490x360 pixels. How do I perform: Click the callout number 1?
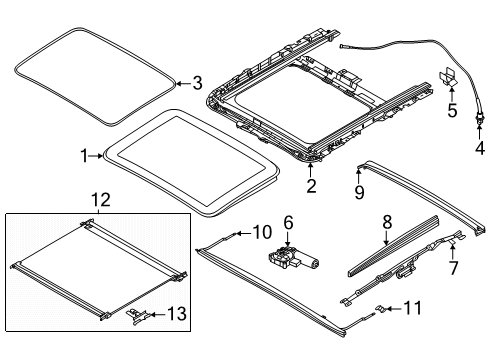click(85, 156)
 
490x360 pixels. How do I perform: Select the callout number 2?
click(311, 186)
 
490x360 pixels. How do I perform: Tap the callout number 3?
click(198, 83)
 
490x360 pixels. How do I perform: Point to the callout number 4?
click(480, 148)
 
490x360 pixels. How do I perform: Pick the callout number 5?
click(452, 110)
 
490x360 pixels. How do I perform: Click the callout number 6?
click(288, 222)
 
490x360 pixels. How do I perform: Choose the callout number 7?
click(453, 268)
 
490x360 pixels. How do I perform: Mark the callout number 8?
click(387, 222)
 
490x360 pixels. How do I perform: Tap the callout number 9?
click(359, 192)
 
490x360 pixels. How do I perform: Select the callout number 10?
click(262, 232)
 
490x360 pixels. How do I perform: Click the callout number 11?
click(413, 308)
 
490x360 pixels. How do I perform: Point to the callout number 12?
click(101, 200)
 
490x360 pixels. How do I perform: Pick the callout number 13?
click(177, 314)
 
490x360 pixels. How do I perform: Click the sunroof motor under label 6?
click(292, 259)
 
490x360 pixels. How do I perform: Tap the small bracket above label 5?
click(448, 76)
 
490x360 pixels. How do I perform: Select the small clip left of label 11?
click(380, 308)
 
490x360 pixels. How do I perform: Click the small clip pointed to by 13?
click(136, 315)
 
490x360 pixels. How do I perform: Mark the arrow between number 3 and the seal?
click(183, 83)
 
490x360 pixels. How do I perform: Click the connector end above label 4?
click(479, 119)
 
